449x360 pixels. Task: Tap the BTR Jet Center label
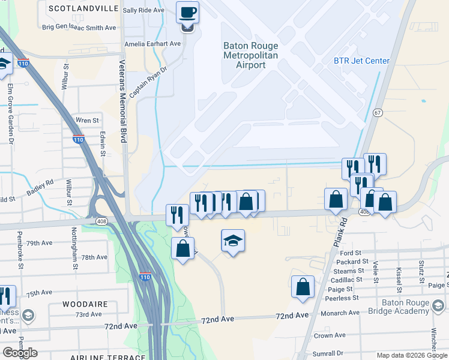pos(362,61)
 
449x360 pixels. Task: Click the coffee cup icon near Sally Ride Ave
pos(187,13)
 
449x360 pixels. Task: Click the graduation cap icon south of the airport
pos(233,241)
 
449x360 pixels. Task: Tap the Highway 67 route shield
pos(378,112)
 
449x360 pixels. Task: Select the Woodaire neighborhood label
pos(85,304)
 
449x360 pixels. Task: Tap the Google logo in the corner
pos(20,353)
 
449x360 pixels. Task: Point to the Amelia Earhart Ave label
pos(152,44)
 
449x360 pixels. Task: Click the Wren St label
pos(87,121)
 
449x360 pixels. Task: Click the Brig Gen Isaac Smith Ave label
pos(79,28)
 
